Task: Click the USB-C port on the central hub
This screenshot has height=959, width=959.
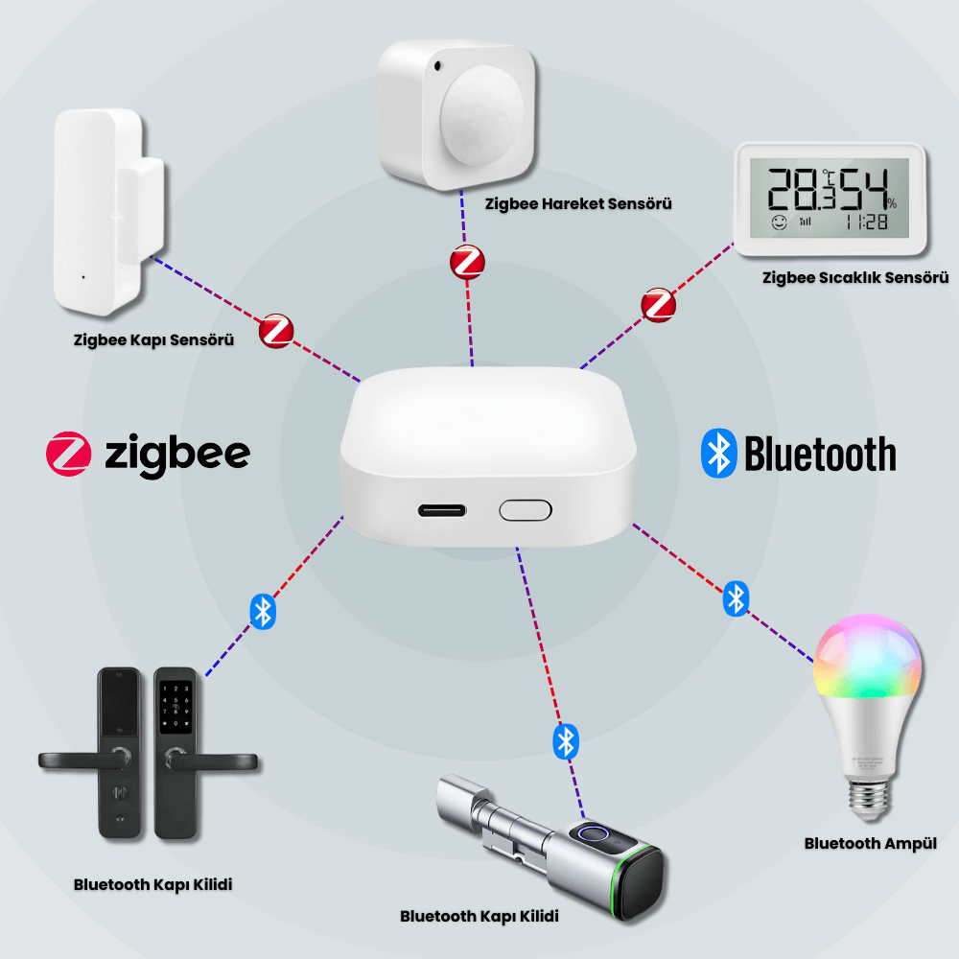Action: pos(441,510)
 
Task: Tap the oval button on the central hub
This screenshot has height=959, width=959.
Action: pos(526,510)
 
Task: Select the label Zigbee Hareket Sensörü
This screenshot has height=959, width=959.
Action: pos(578,203)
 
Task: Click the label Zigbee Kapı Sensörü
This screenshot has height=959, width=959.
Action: pos(153,340)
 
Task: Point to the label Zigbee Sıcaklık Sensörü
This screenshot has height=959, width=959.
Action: pos(855,278)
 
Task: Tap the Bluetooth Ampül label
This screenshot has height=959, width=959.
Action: pos(871,844)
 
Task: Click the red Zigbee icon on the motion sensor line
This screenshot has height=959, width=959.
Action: pos(467,263)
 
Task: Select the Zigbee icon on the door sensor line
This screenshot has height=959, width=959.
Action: pos(276,332)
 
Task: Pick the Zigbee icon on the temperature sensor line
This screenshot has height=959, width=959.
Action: pos(658,305)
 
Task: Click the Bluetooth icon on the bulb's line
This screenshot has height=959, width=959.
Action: pos(736,598)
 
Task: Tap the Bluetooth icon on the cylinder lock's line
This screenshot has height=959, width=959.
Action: pos(566,742)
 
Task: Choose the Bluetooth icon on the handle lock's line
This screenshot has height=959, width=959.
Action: pos(263,612)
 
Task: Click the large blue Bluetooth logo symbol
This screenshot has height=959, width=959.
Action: pos(718,454)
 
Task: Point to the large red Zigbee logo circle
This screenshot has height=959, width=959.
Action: pos(68,454)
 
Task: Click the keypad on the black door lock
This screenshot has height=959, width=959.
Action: pos(175,707)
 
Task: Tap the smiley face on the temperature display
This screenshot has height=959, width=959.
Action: pos(779,222)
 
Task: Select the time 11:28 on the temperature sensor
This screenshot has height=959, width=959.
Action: pos(867,222)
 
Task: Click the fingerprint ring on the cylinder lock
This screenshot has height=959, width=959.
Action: pos(590,834)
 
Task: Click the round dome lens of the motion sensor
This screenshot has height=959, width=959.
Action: pos(482,113)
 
